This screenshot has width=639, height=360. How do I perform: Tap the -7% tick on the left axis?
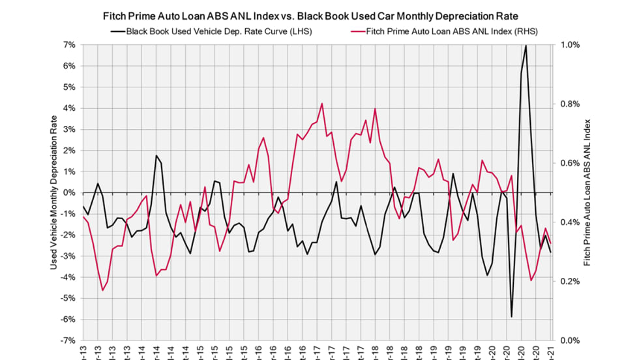click(x=68, y=340)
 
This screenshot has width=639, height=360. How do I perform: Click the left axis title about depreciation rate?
click(x=54, y=192)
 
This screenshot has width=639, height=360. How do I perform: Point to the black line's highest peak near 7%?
click(x=526, y=46)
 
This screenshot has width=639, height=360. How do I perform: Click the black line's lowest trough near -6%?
click(x=512, y=317)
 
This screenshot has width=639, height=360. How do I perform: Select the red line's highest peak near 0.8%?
click(x=322, y=103)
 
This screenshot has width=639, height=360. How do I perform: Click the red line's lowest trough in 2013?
click(x=102, y=290)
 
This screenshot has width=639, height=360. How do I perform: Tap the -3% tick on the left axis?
click(x=68, y=256)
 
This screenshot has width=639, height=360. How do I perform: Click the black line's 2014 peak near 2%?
click(x=156, y=155)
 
